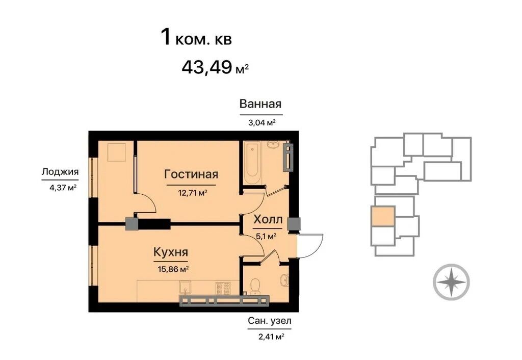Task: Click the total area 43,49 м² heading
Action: tap(215, 67)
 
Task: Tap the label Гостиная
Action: tap(191, 174)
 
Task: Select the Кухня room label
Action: tap(171, 252)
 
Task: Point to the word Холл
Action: tap(268, 219)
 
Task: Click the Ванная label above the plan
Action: tap(260, 104)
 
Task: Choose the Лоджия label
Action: tap(60, 172)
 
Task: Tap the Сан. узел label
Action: tap(269, 321)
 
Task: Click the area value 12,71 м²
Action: tap(193, 192)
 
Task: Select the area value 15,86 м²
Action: tap(173, 269)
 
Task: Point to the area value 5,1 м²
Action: tap(266, 237)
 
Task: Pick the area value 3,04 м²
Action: tap(262, 122)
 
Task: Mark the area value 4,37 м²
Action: tap(63, 188)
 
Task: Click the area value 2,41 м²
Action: tap(271, 337)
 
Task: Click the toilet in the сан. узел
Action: tap(255, 286)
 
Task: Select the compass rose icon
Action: tap(451, 282)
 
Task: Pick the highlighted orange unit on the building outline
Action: tap(383, 216)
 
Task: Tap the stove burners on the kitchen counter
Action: tap(223, 289)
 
